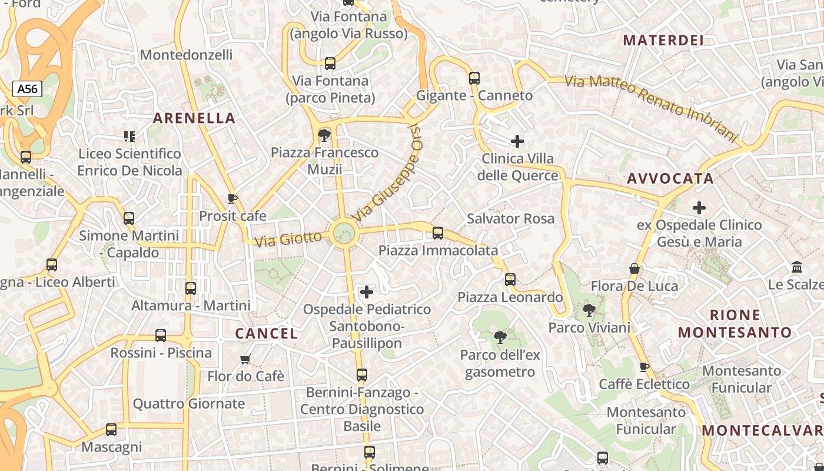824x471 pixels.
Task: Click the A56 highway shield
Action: tap(27, 89)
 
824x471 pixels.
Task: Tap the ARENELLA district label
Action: tap(194, 118)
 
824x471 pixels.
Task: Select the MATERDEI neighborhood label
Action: tap(663, 41)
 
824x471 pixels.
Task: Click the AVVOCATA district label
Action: tap(670, 179)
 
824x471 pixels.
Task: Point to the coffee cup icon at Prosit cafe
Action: tap(232, 199)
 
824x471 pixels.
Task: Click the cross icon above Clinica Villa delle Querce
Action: tap(517, 141)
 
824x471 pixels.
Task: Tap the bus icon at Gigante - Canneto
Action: tap(474, 78)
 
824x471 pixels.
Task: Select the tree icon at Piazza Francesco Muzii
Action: tap(324, 136)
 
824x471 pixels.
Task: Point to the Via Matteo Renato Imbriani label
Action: tap(651, 108)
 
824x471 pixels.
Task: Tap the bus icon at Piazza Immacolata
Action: tap(438, 233)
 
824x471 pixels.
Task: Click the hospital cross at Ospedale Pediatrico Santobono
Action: tap(367, 292)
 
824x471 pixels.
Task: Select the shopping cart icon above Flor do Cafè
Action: tap(245, 359)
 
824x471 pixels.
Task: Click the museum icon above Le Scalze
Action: tap(798, 267)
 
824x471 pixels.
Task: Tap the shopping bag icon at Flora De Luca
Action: tap(634, 269)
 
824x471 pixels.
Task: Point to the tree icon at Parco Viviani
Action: tap(589, 310)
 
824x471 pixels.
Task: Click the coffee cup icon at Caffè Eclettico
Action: tap(644, 367)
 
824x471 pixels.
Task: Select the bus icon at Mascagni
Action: tap(111, 430)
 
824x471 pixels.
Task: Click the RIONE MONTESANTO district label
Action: tap(735, 323)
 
